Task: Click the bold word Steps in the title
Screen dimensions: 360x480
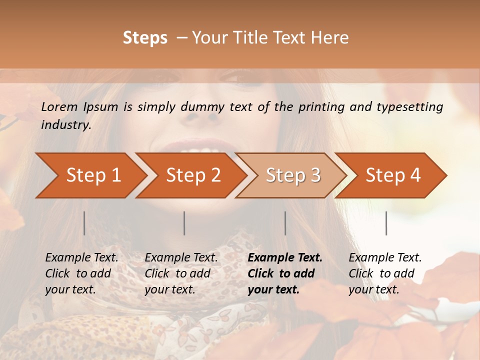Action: coord(145,38)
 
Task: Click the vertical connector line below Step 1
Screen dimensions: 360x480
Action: coord(84,223)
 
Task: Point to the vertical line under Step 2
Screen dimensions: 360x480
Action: coord(184,223)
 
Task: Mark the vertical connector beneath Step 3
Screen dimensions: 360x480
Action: coord(285,223)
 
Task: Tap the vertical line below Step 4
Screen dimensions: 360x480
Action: coord(386,223)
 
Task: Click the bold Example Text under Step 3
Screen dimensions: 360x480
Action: coord(285,273)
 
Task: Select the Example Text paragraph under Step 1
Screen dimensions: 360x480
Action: coord(81,273)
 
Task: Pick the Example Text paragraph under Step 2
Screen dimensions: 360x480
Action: coord(181,273)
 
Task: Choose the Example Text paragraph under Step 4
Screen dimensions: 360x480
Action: coord(385,273)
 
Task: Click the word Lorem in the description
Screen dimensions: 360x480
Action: coord(59,106)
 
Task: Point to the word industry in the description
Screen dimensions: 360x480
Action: coord(66,125)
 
